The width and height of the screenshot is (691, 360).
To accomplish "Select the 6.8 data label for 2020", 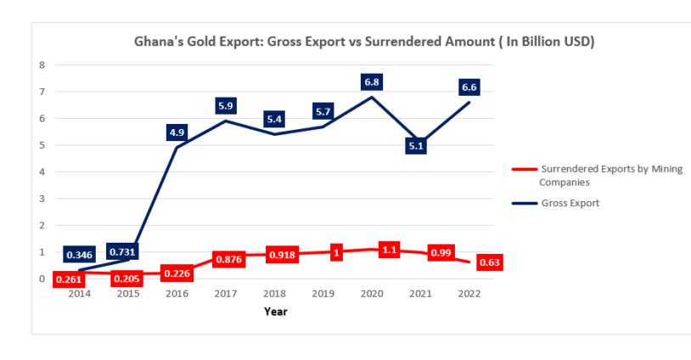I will (372, 82).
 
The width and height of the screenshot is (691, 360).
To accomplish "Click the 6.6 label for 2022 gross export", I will (468, 87).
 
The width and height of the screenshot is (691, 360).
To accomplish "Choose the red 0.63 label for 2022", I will (489, 262).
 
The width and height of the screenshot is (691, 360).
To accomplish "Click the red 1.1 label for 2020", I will (389, 251).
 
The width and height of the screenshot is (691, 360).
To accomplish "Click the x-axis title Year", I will (275, 312).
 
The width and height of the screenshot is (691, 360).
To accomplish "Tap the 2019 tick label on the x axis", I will (323, 294).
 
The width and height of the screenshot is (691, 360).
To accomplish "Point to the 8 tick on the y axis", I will (42, 65).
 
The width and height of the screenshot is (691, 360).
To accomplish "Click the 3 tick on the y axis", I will (42, 199).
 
